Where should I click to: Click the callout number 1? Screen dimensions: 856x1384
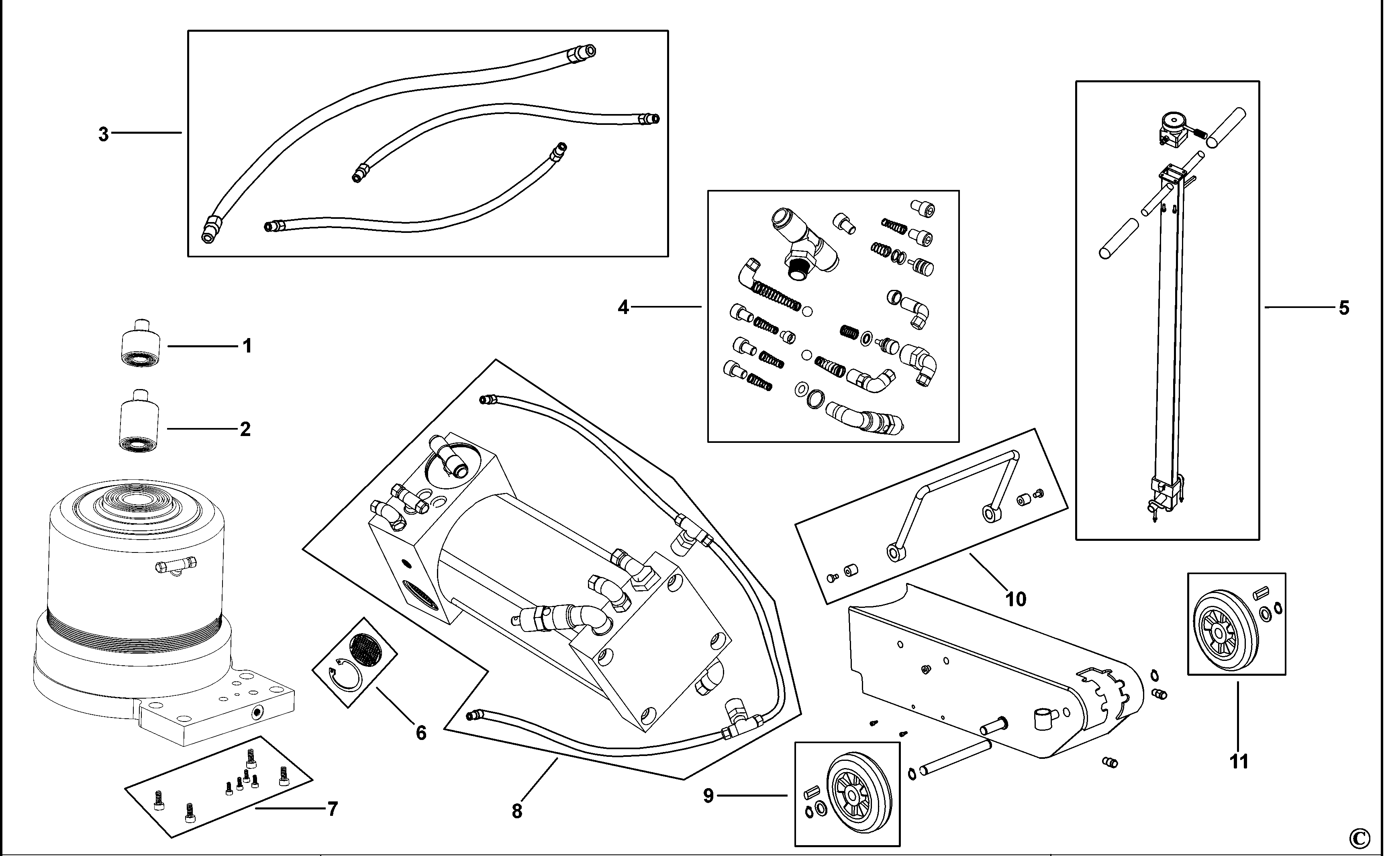click(x=247, y=346)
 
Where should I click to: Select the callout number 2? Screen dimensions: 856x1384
click(x=245, y=429)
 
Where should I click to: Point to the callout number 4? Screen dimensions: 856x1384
click(x=623, y=308)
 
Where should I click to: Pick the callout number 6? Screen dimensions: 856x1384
click(x=421, y=733)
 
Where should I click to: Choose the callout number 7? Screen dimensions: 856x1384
click(x=333, y=809)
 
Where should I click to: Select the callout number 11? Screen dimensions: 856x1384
click(x=1239, y=762)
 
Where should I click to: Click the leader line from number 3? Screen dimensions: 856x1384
click(x=146, y=133)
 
